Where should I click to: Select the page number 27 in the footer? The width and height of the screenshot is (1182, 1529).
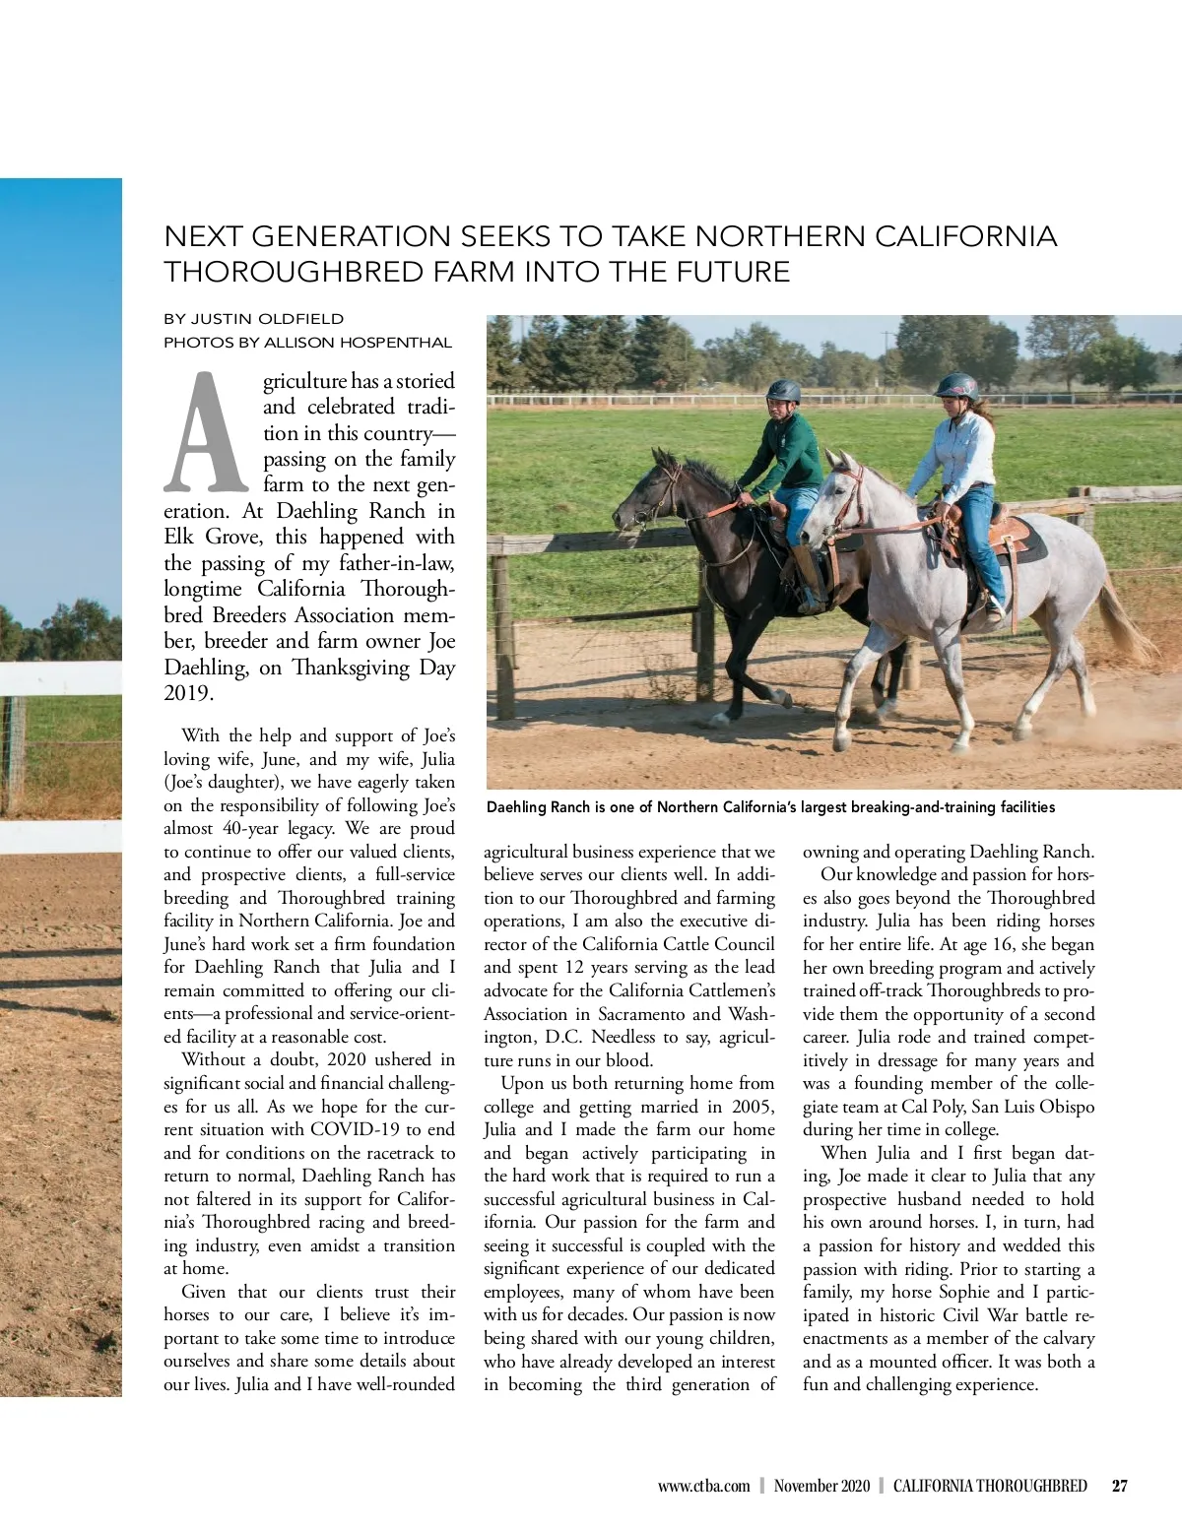tap(1119, 1486)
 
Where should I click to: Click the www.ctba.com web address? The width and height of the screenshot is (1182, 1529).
tap(704, 1486)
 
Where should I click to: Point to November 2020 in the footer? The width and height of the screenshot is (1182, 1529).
tap(821, 1486)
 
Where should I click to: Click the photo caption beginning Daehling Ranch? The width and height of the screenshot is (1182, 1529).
tap(771, 807)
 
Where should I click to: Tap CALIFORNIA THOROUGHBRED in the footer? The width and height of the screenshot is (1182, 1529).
tap(990, 1486)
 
